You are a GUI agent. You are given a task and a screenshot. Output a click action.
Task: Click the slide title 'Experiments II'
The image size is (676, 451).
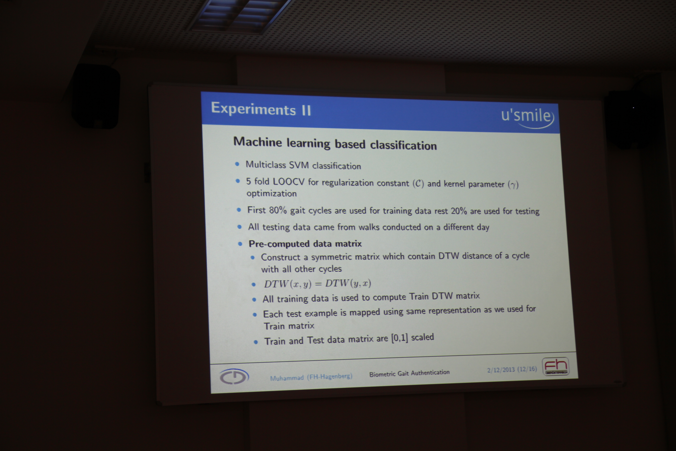[261, 109]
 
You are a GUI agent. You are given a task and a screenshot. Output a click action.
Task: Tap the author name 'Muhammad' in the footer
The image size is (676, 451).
[286, 378]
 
